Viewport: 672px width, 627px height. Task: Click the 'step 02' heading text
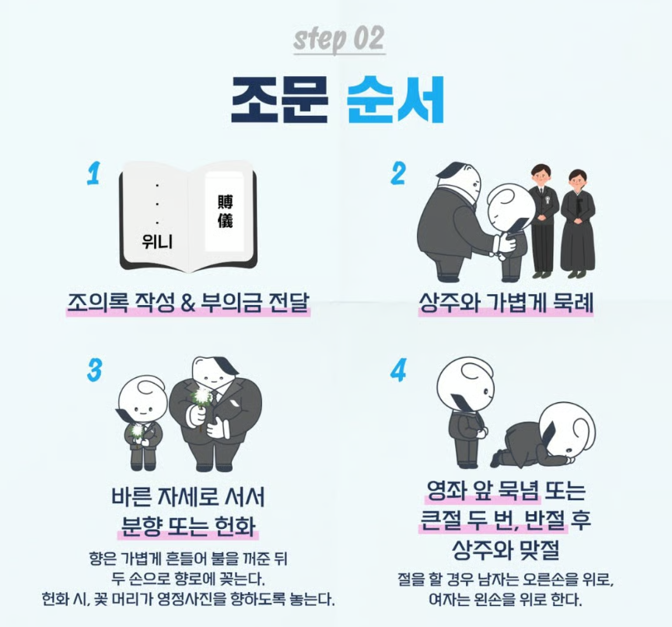pos(338,39)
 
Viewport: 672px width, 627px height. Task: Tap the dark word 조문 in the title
pos(279,100)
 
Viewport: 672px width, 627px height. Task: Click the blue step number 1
pos(93,173)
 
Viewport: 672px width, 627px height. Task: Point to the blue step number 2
pos(398,173)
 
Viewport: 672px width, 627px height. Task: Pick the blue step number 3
pos(94,370)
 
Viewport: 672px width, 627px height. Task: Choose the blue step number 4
pos(398,370)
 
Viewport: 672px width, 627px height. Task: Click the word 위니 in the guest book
pos(157,242)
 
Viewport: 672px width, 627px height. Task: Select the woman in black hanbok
pos(578,222)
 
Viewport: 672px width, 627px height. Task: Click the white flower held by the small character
pos(136,431)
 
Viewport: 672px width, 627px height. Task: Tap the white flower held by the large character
pos(201,396)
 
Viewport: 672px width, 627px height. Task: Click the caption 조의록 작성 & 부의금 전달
pos(187,302)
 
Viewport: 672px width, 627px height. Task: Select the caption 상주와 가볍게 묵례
pos(506,302)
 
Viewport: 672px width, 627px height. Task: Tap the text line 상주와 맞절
pos(506,549)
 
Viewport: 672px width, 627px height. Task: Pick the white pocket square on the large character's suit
pos(234,405)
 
